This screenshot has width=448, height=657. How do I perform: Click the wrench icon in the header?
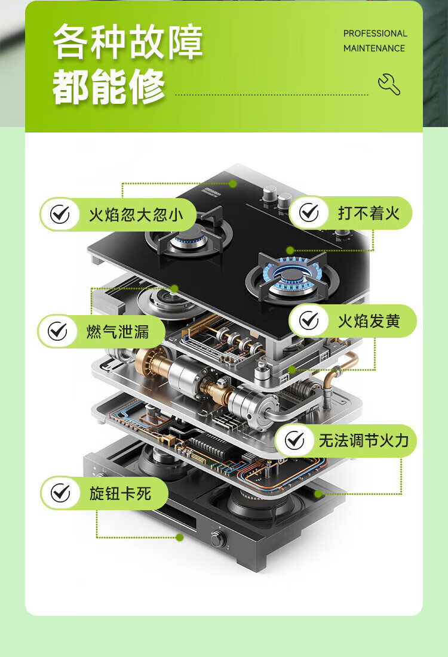(x=389, y=84)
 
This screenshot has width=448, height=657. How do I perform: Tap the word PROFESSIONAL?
(x=376, y=33)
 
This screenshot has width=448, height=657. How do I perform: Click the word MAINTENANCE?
(x=374, y=48)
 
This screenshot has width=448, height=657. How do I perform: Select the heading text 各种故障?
(x=128, y=42)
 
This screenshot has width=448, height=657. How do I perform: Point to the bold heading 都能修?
(x=108, y=87)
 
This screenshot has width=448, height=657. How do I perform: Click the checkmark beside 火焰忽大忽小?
(x=60, y=215)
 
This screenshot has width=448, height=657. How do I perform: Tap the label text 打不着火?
(x=369, y=213)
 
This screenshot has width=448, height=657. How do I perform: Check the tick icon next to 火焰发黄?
(x=309, y=320)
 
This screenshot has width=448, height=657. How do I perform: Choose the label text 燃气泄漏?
(x=118, y=331)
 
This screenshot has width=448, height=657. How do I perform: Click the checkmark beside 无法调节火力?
(x=294, y=440)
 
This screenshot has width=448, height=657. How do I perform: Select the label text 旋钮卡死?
(x=120, y=493)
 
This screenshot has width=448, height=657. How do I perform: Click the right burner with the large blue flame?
(x=292, y=277)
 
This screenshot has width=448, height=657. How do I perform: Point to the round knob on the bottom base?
(x=218, y=538)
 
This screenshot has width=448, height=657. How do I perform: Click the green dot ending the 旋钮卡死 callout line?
(x=180, y=537)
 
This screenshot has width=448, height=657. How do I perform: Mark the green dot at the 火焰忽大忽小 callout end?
(x=233, y=184)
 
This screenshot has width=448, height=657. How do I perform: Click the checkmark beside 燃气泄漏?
(x=57, y=331)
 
